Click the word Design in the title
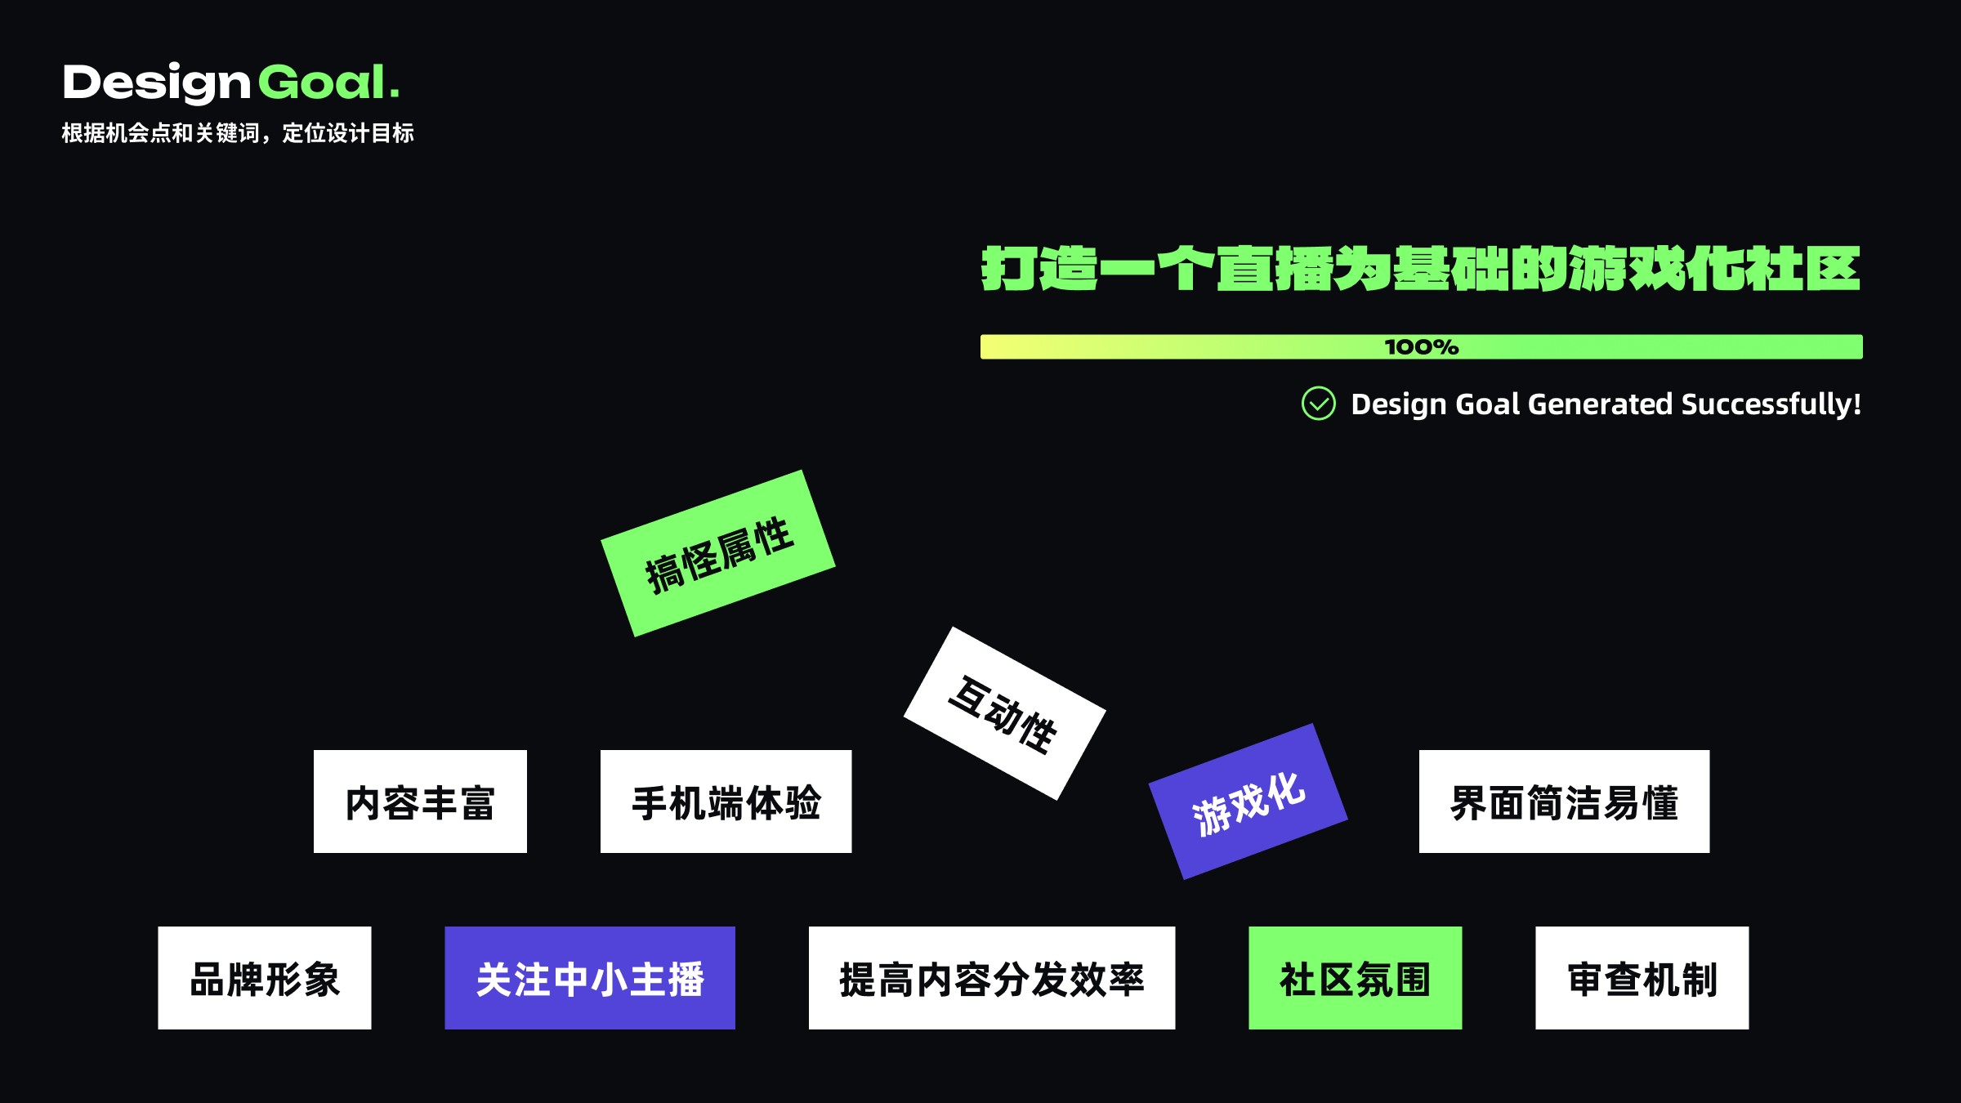156,83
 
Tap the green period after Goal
395,95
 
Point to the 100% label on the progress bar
1421,347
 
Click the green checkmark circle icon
1318,404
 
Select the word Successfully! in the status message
1771,404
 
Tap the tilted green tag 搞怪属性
718,553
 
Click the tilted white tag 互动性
1004,713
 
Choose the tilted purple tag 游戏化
1248,802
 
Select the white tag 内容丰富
420,802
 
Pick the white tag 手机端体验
726,802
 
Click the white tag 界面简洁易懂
1564,802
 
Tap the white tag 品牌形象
264,978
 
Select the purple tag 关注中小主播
589,978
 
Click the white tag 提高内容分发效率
991,978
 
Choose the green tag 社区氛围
1355,978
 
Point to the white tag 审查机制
1642,978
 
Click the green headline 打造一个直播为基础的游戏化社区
1421,269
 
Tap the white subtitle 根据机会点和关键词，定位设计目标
238,133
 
